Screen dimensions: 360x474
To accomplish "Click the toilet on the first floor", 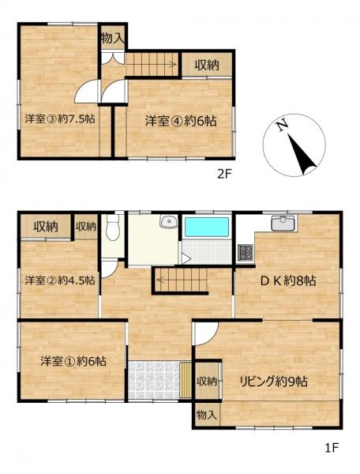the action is (x=113, y=227).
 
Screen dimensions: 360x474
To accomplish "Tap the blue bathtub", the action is (x=207, y=227).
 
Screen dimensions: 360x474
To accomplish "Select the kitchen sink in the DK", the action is (x=283, y=223).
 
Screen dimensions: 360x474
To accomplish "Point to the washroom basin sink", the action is (x=170, y=221).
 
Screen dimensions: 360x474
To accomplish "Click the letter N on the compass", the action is (x=283, y=126).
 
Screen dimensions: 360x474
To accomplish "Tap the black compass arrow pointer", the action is (x=302, y=155).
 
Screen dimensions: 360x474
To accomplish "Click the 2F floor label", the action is (x=224, y=174).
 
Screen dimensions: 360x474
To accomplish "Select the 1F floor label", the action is (x=332, y=448).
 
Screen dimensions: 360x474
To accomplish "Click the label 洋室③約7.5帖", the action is (x=60, y=118).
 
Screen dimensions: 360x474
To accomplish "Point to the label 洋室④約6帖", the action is (x=181, y=121).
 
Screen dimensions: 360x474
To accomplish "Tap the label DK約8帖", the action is (x=288, y=281).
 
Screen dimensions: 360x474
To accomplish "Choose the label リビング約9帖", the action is (x=274, y=382).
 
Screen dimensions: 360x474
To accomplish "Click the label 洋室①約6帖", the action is (x=73, y=361).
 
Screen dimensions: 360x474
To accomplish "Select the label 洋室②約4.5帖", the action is (x=60, y=280).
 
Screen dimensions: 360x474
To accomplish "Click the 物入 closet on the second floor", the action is (x=112, y=37).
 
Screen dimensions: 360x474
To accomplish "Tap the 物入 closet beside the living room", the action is (x=207, y=415).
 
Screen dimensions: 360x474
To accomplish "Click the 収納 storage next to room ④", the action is (x=207, y=65).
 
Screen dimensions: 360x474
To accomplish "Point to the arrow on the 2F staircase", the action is (x=151, y=64).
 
